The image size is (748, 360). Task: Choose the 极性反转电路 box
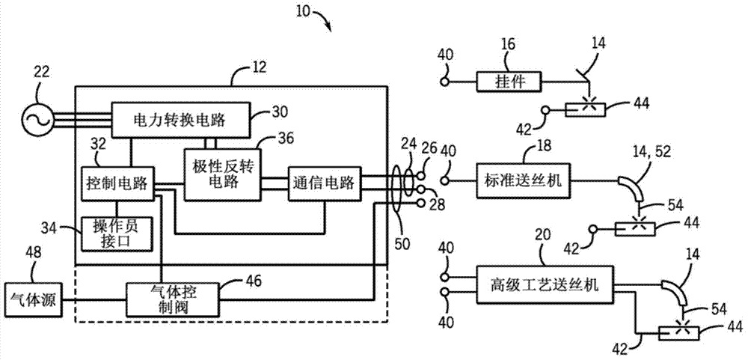pyautogui.click(x=221, y=174)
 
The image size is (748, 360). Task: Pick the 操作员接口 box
pyautogui.click(x=117, y=233)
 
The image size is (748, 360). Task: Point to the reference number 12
pyautogui.click(x=240, y=73)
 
